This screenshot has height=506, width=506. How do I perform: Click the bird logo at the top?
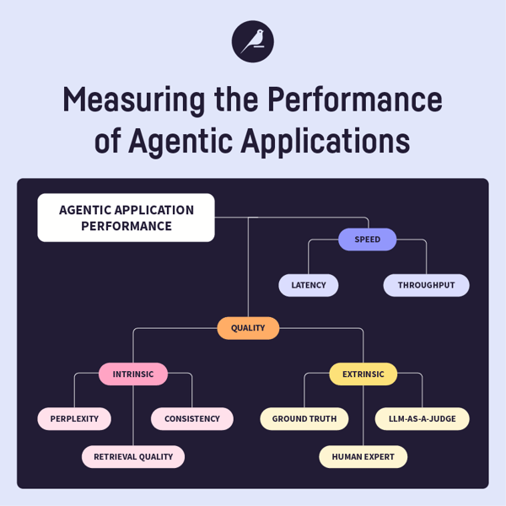253,40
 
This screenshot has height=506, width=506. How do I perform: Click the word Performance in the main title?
354,101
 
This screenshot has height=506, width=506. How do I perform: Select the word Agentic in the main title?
179,142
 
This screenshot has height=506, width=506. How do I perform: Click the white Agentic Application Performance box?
126,218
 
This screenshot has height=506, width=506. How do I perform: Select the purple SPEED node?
367,240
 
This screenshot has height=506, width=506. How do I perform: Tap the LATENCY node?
309,285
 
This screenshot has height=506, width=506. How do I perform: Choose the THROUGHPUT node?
426,285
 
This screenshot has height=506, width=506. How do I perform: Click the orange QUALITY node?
248,328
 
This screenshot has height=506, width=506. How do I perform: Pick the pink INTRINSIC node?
133,374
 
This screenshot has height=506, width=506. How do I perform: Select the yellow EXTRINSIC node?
363,374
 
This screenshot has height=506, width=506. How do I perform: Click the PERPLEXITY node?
74,418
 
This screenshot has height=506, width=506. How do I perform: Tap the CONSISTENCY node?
192,418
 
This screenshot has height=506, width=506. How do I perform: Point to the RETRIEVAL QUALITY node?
133,456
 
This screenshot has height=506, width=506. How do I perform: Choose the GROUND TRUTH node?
304,418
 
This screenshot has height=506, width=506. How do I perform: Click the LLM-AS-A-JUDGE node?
422,418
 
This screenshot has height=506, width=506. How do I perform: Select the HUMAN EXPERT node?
363,456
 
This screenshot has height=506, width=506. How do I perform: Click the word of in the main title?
108,142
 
